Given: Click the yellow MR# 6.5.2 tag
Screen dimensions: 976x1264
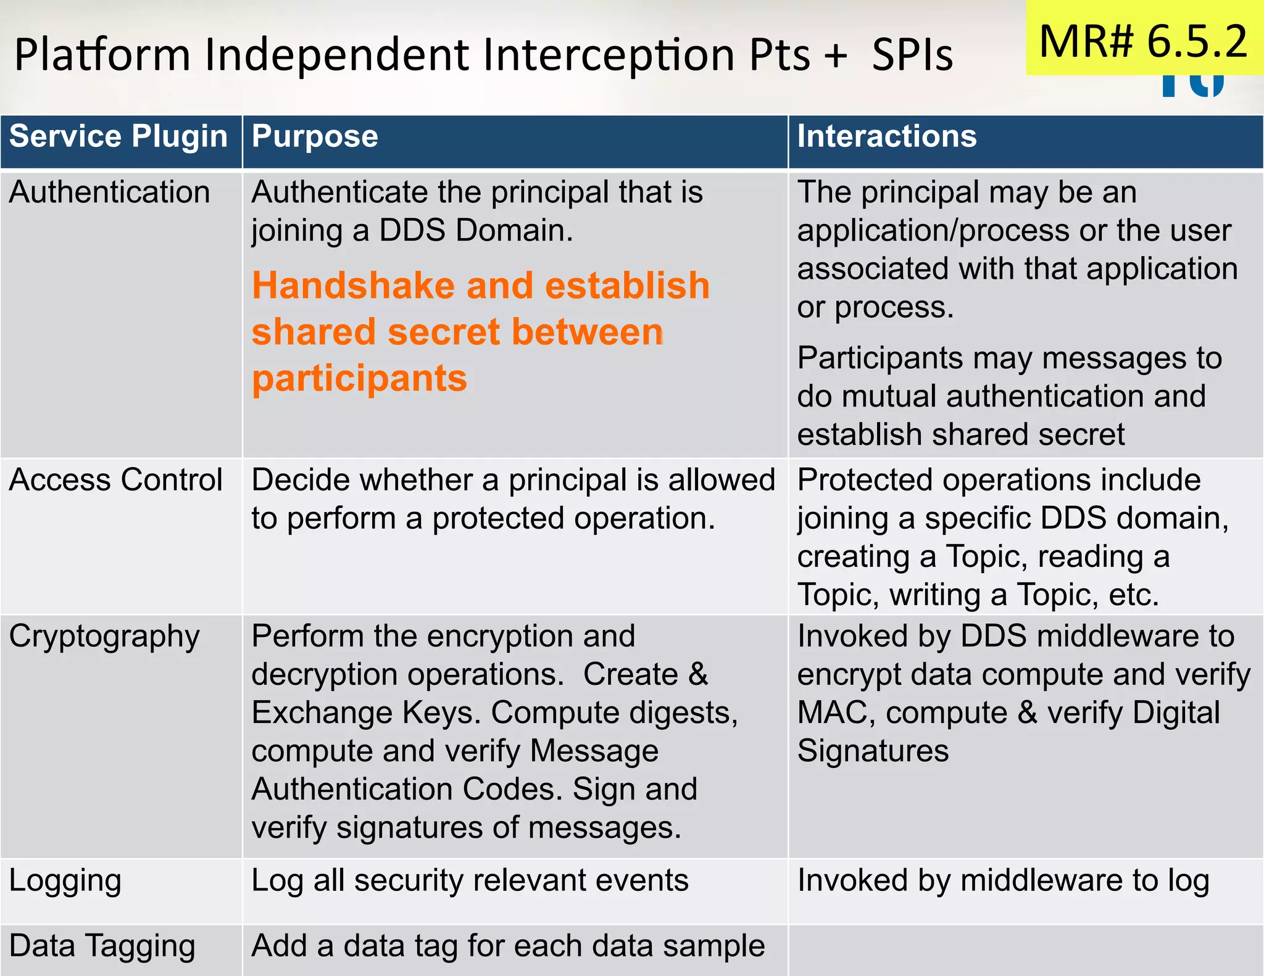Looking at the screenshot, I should tap(1144, 41).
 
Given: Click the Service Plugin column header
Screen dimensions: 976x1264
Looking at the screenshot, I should tap(118, 136).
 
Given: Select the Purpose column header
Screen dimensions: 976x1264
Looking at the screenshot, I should tap(315, 136).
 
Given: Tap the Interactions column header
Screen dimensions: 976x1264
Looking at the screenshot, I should tap(887, 136).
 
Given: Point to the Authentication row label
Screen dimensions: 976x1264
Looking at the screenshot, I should tap(109, 192).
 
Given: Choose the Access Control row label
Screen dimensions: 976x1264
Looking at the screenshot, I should tap(115, 480).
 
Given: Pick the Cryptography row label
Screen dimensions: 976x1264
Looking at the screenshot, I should tap(104, 637).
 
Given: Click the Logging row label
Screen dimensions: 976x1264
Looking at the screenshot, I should tap(65, 880).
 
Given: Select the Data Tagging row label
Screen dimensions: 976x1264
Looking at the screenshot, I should tap(102, 946).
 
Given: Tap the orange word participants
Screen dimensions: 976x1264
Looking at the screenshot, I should tap(359, 378).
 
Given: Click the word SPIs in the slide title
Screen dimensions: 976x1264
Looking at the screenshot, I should tap(912, 55).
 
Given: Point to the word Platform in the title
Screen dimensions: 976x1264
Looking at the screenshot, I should tap(102, 55).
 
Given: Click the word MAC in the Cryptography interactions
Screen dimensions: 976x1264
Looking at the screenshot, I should tap(836, 713).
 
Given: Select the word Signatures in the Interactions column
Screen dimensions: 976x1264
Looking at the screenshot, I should tap(873, 751).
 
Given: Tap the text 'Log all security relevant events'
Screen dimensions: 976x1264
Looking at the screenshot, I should tap(470, 880).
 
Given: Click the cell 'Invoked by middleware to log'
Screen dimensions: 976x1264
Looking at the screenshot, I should tap(1003, 880).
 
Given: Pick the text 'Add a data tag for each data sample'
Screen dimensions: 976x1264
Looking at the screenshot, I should tap(508, 946).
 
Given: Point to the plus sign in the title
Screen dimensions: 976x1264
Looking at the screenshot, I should tap(836, 55).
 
